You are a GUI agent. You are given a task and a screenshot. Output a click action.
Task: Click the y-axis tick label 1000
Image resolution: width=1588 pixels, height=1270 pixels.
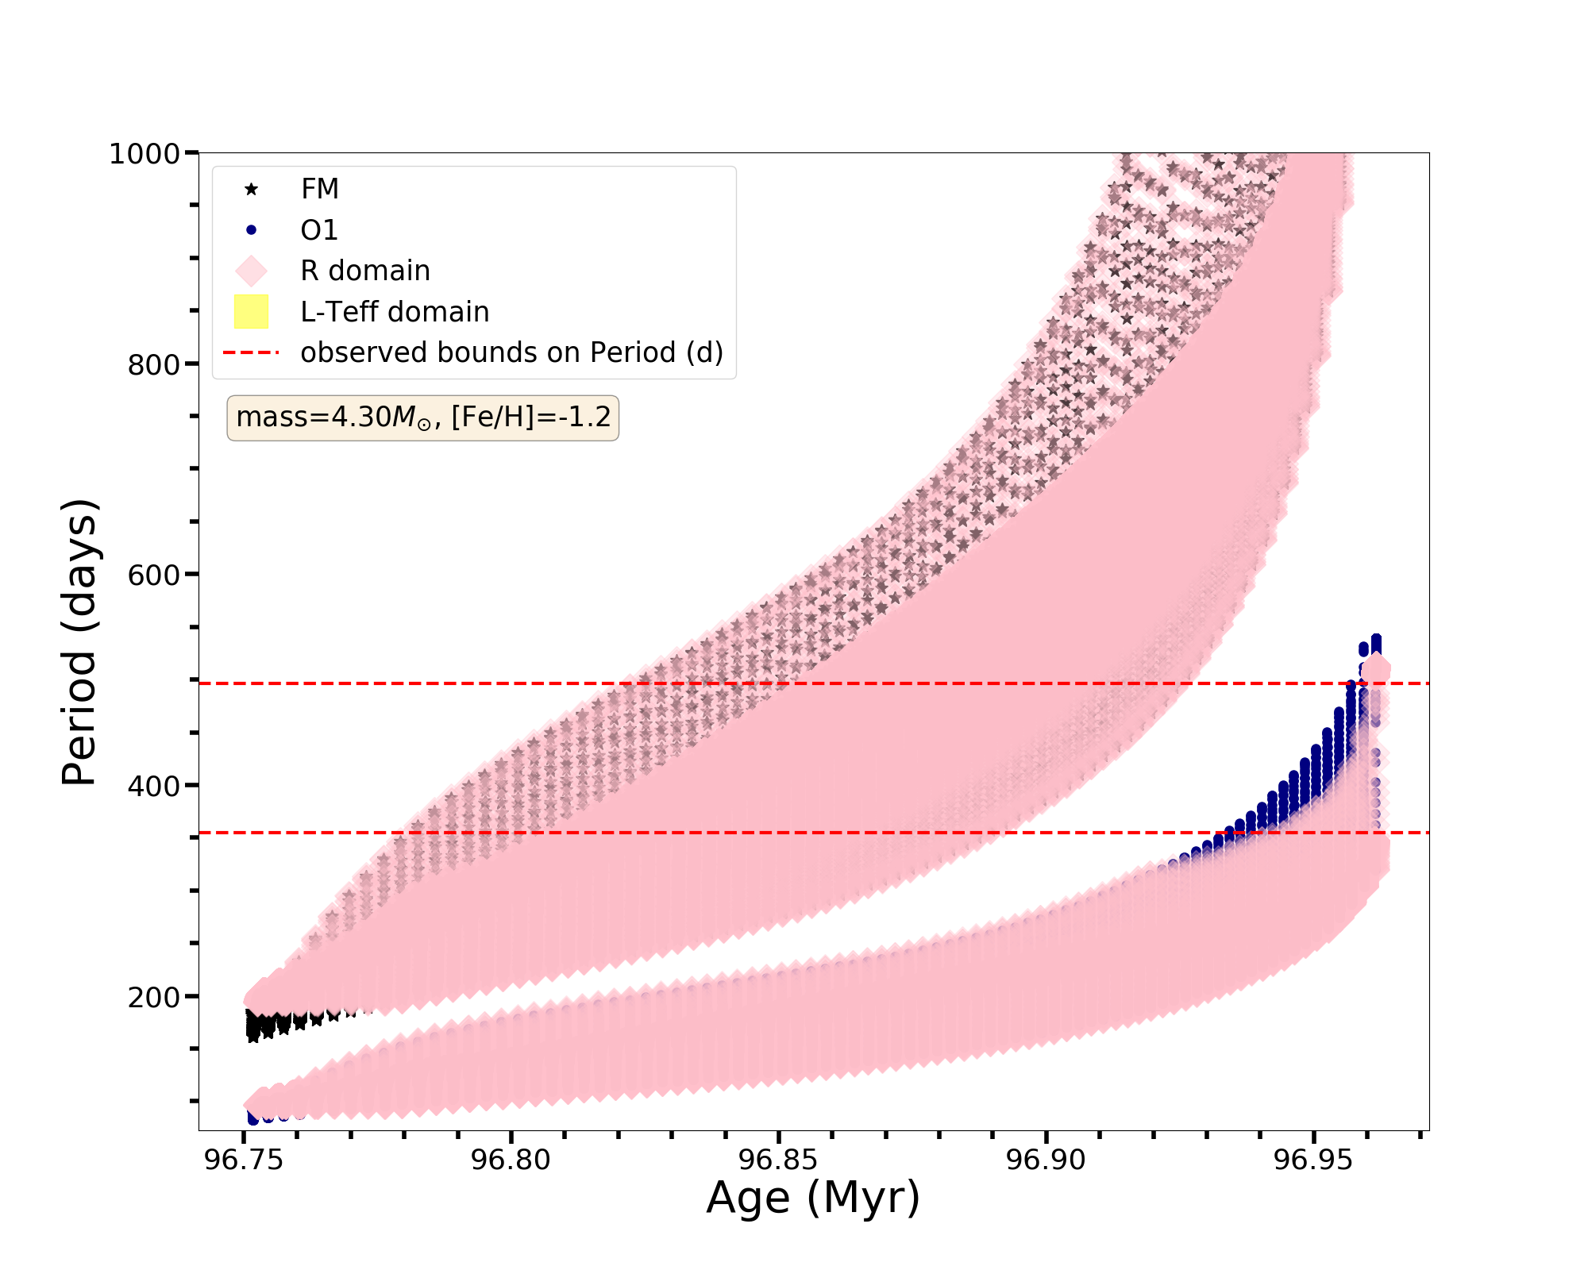144,153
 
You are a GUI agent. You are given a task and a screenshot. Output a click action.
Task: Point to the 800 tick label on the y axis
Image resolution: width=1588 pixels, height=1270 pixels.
153,364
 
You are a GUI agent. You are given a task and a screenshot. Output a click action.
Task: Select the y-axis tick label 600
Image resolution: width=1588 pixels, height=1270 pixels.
153,575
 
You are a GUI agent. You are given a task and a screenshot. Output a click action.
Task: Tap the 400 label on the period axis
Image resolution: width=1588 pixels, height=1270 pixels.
153,786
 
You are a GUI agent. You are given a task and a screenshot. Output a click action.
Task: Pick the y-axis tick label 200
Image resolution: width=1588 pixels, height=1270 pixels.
153,997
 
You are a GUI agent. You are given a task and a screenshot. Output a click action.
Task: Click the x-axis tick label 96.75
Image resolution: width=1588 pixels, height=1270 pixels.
244,1160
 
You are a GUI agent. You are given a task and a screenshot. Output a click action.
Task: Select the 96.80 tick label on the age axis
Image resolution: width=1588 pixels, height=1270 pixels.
511,1160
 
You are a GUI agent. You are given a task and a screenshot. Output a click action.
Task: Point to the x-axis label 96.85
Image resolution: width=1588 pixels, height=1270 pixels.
778,1160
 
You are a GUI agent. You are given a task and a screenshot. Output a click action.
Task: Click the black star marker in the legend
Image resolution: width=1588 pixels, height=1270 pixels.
251,189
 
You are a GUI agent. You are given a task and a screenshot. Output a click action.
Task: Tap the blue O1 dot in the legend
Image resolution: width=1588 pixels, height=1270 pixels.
251,230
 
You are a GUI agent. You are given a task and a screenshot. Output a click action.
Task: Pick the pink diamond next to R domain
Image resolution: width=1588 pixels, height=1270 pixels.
251,271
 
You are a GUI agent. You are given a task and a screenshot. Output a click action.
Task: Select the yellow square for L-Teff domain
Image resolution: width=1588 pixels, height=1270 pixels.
251,312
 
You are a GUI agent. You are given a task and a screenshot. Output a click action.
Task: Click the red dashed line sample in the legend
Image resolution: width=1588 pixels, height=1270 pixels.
251,352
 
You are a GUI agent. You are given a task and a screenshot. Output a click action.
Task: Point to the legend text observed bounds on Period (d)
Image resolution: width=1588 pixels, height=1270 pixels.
511,352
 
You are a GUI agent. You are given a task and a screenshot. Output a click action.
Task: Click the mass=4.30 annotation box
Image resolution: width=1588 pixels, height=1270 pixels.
422,418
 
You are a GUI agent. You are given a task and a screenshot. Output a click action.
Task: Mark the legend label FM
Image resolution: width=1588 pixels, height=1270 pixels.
320,189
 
